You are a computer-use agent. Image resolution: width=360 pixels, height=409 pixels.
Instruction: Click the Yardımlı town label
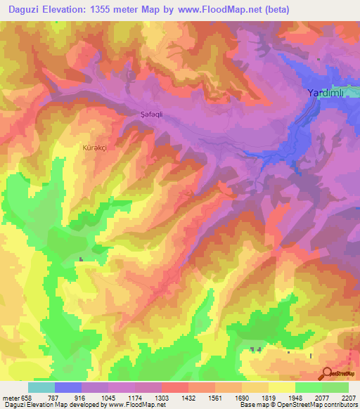coord(328,92)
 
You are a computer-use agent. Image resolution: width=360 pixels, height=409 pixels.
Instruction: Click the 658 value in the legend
coord(25,398)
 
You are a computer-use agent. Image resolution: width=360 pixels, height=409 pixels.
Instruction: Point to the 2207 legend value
coord(349,398)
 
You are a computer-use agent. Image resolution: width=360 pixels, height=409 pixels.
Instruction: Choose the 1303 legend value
coord(162,398)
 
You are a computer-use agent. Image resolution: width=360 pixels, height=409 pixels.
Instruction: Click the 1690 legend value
coord(242,398)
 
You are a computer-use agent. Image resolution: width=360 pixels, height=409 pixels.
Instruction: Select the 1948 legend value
coord(295,398)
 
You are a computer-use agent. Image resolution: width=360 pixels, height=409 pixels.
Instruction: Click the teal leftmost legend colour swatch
coord(41,387)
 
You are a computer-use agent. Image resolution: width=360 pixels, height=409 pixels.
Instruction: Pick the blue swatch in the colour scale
coord(68,387)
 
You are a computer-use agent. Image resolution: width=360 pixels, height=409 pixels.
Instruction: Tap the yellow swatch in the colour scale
coord(282,387)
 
